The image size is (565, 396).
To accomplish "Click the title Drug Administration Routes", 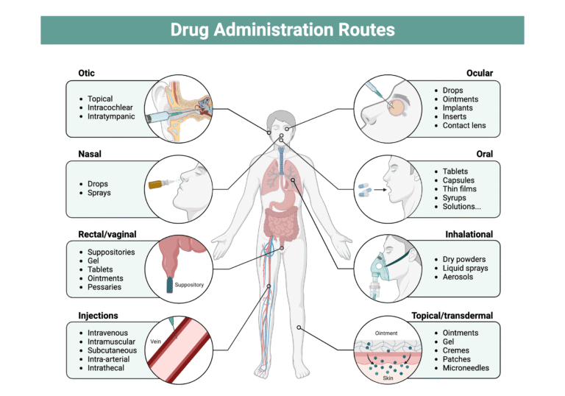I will (282, 30).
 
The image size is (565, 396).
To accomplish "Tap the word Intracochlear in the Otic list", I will (110, 107).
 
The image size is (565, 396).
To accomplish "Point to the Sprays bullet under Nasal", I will (99, 193).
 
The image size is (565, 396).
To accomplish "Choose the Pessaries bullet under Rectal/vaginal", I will (104, 287).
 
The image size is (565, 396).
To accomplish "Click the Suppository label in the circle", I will (189, 285).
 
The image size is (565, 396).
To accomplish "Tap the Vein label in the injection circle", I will (155, 342).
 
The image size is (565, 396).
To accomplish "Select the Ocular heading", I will (480, 73).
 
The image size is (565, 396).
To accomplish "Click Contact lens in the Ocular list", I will (464, 126).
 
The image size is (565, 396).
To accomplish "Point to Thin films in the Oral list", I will (462, 189).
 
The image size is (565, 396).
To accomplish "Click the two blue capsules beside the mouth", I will (366, 189).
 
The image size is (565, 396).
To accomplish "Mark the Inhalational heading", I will (469, 235).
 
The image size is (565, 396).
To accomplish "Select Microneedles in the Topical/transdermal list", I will (466, 368).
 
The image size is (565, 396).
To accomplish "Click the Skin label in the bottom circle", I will (387, 378).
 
